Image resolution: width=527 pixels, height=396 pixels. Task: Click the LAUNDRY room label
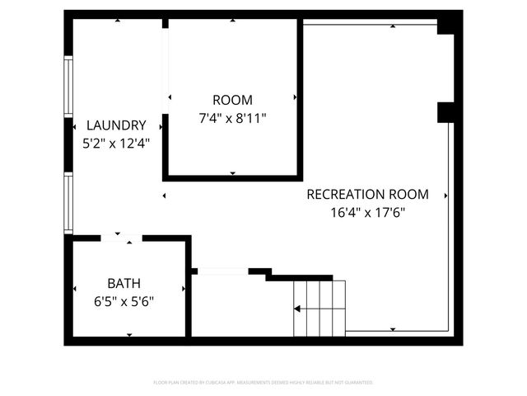click(x=117, y=125)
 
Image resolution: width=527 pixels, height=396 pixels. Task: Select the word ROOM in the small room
click(x=232, y=101)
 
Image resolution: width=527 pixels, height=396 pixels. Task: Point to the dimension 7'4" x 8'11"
click(x=232, y=118)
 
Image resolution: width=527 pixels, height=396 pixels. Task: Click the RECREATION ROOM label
click(x=367, y=195)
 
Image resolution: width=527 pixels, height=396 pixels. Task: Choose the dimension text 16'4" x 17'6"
click(x=367, y=212)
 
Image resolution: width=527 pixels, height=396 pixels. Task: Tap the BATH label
click(x=124, y=283)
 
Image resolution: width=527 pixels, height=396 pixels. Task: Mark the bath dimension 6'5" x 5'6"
click(x=124, y=300)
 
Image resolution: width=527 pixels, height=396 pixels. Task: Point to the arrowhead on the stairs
click(x=297, y=309)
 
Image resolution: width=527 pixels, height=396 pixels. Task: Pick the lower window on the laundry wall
click(x=68, y=203)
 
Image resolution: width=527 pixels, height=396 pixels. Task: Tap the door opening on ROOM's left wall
click(x=166, y=71)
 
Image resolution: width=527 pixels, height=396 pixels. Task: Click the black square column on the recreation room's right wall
click(x=445, y=111)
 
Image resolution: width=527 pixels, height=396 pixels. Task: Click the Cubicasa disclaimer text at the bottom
click(x=263, y=383)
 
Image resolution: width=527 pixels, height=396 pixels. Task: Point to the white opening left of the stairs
click(x=222, y=271)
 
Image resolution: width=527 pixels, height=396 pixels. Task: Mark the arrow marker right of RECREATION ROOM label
click(x=445, y=196)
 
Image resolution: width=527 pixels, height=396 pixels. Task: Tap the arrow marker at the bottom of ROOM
click(x=232, y=173)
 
